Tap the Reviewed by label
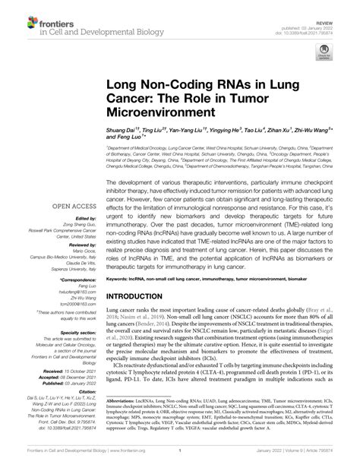[x=78, y=245]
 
